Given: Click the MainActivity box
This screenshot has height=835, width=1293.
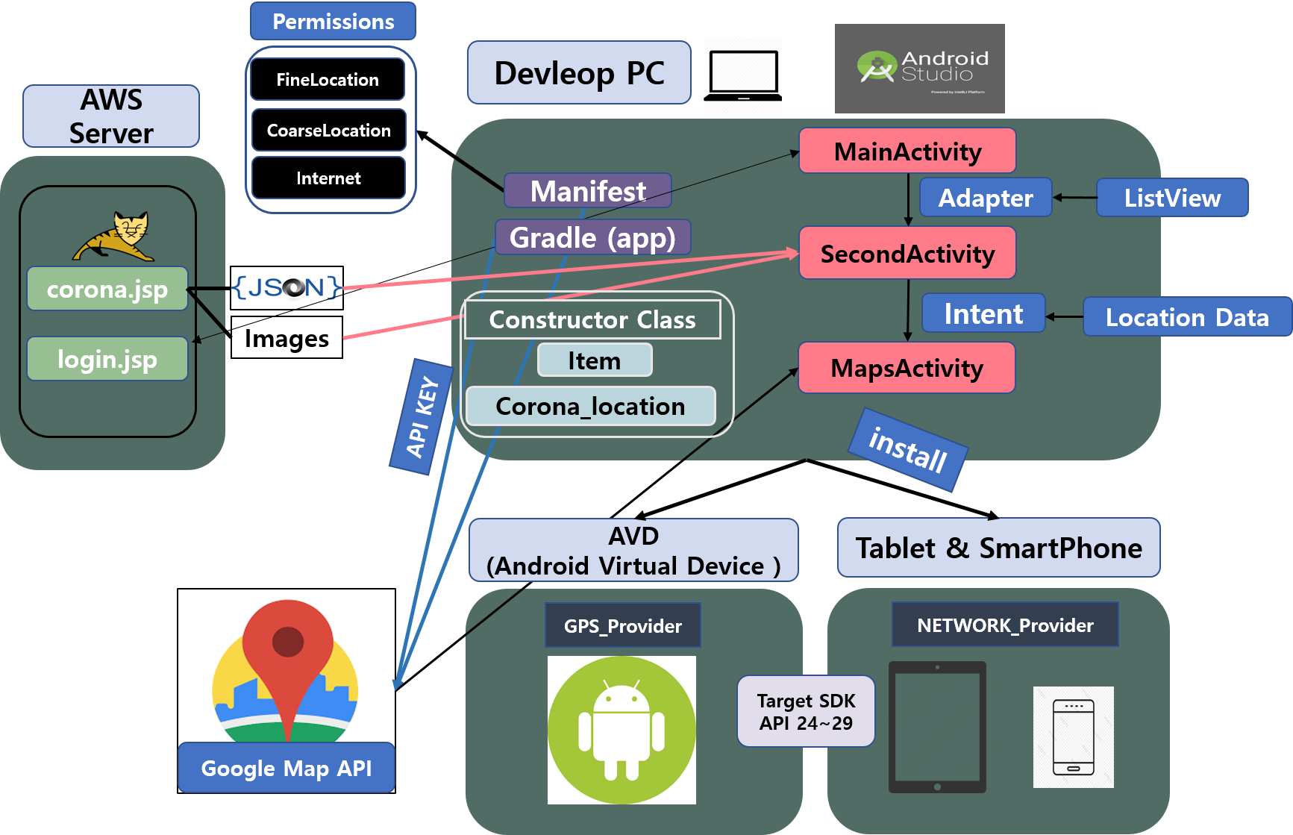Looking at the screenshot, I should pyautogui.click(x=907, y=151).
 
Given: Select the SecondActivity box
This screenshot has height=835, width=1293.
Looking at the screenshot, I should pyautogui.click(x=907, y=254).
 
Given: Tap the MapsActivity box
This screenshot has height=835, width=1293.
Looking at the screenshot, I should pyautogui.click(x=907, y=368).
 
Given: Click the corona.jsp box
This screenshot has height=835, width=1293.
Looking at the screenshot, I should pyautogui.click(x=107, y=289).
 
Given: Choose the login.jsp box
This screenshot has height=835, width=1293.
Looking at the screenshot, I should pyautogui.click(x=107, y=359).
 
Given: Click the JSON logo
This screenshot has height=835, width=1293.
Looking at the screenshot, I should pyautogui.click(x=287, y=288).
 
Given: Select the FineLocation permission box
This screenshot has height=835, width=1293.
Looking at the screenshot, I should pyautogui.click(x=328, y=80).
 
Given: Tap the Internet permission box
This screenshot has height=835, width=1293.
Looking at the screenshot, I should pyautogui.click(x=328, y=178).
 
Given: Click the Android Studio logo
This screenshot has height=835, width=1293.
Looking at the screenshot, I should pyautogui.click(x=919, y=69).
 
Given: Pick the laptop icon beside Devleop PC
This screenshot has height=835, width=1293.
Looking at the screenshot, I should pyautogui.click(x=742, y=75).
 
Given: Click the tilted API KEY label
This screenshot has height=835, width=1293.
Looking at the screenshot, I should pyautogui.click(x=422, y=416).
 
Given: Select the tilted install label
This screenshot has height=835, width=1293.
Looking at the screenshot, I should pyautogui.click(x=908, y=450).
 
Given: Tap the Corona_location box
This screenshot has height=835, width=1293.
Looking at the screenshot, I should pyautogui.click(x=590, y=407).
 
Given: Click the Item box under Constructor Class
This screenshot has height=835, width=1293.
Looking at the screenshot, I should pyautogui.click(x=595, y=360).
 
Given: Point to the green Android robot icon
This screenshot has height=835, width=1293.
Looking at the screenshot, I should pyautogui.click(x=622, y=730).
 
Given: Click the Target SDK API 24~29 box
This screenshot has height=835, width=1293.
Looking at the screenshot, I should pyautogui.click(x=806, y=711).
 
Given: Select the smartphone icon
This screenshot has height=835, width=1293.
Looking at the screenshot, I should pyautogui.click(x=1073, y=737).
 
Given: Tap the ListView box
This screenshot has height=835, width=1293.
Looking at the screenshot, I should pyautogui.click(x=1172, y=198).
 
